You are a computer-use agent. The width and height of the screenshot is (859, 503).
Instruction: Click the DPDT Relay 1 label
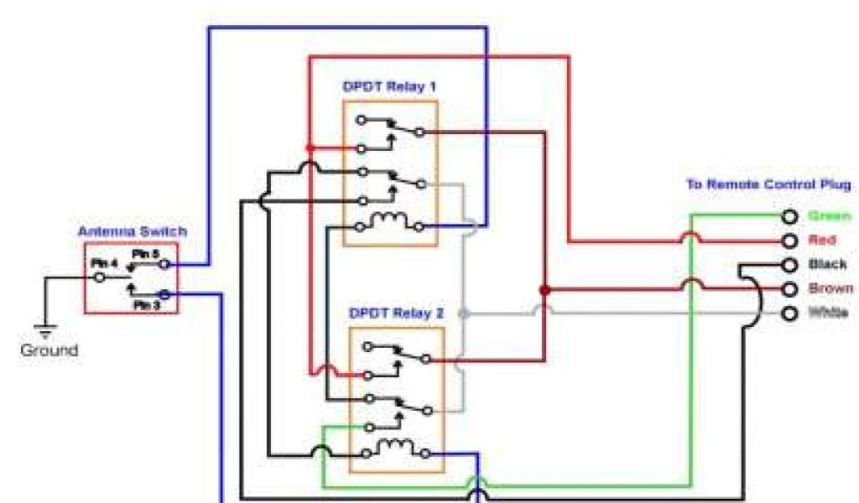tap(389, 86)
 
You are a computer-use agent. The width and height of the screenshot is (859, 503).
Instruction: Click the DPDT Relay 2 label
tap(396, 314)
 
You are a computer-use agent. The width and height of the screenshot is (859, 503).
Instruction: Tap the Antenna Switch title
tap(133, 231)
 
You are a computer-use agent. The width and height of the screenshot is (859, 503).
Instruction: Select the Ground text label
tap(49, 350)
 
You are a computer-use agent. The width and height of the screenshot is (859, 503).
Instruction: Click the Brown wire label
tap(830, 288)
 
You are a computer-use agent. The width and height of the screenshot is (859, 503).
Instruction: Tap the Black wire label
tap(827, 264)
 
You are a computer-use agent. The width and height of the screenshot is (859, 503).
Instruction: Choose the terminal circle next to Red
tap(789, 241)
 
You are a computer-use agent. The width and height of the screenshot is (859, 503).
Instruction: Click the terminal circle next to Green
tap(789, 217)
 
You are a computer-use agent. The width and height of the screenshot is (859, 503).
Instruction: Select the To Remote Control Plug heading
tap(768, 184)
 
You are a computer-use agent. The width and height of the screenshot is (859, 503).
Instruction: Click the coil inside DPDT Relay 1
tap(392, 222)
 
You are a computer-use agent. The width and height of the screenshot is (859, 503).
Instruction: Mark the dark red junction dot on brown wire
tap(544, 290)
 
